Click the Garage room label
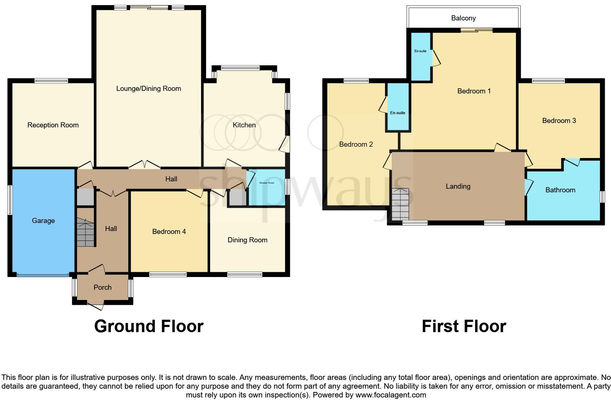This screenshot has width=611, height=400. point(43,220)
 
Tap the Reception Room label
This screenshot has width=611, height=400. point(53,125)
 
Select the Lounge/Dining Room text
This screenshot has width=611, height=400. point(148,88)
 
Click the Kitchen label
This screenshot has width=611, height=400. point(244,125)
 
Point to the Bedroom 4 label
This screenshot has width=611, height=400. point(169,231)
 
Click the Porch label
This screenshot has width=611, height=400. point(102,287)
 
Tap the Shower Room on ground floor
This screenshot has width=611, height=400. point(266,183)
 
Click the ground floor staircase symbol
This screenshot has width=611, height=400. point(86,232)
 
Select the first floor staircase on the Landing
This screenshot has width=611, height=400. point(400,204)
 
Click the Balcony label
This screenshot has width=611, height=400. point(463,18)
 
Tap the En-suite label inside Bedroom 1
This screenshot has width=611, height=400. point(420,51)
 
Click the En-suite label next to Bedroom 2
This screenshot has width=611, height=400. point(398,113)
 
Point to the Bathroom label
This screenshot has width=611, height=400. point(560,190)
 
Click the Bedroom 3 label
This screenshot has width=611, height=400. point(559,120)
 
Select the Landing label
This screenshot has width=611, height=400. point(458,186)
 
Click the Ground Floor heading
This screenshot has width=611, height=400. point(148,326)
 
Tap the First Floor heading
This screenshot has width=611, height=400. point(463,326)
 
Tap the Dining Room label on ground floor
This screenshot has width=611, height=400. point(247,240)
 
